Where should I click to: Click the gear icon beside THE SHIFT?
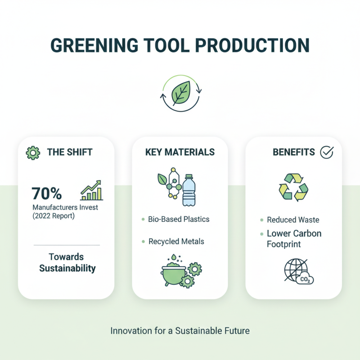[x=33, y=153]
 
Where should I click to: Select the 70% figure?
[x=47, y=193]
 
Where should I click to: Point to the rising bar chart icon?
[x=92, y=190]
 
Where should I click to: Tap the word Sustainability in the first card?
[x=67, y=269]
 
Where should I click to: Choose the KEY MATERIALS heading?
[x=180, y=153]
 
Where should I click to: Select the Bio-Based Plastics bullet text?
[x=179, y=220]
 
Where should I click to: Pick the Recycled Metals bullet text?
[x=176, y=242]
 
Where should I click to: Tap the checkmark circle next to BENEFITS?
[x=326, y=153]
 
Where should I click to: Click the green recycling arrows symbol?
[x=293, y=188]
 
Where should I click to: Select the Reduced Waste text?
[x=293, y=220]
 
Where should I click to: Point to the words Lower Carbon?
[x=294, y=234]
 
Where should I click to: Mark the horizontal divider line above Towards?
[x=67, y=245]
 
